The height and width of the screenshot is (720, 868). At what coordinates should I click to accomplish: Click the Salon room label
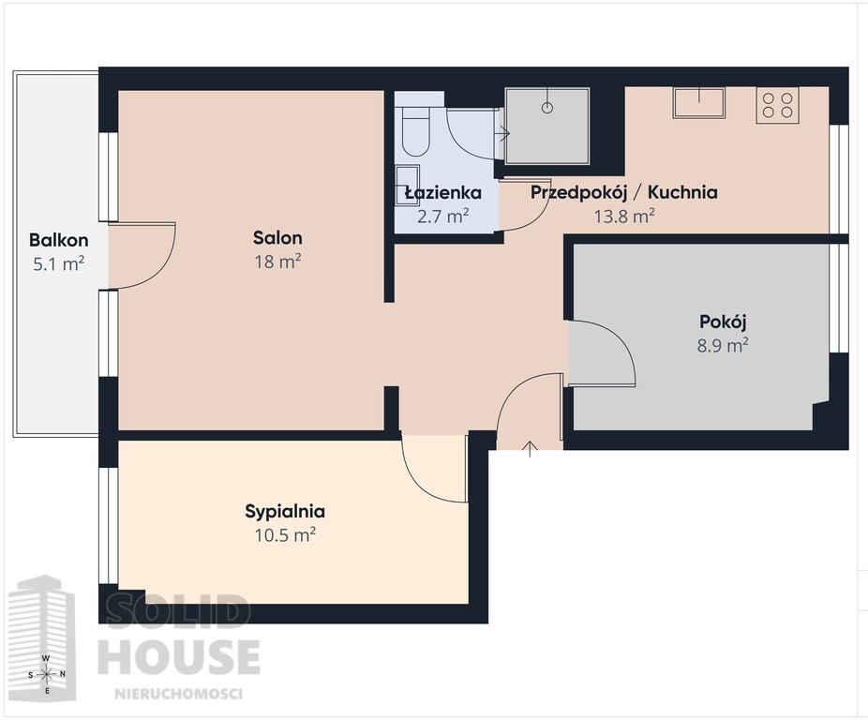(x=277, y=238)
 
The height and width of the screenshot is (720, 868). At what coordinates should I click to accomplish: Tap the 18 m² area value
(x=277, y=262)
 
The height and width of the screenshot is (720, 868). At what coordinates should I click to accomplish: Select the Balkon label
(x=59, y=240)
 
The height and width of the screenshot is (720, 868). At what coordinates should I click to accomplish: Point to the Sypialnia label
(x=285, y=511)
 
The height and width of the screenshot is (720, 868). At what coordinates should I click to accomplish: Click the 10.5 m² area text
(x=285, y=535)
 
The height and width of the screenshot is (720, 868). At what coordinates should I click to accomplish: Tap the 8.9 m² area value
(x=723, y=346)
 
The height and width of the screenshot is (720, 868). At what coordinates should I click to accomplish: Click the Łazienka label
(x=442, y=193)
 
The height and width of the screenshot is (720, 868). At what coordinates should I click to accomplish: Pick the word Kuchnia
(x=682, y=192)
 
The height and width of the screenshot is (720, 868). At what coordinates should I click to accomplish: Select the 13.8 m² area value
(x=624, y=216)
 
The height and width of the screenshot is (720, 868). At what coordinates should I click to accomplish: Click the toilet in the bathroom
(x=415, y=130)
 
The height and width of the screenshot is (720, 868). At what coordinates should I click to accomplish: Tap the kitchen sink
(x=698, y=102)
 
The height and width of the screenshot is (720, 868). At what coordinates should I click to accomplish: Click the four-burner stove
(x=777, y=105)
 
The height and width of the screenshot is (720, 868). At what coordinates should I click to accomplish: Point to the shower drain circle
(x=546, y=108)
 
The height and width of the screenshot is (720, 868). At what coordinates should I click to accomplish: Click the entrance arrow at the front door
(x=530, y=449)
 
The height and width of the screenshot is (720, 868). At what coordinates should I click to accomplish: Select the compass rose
(x=47, y=674)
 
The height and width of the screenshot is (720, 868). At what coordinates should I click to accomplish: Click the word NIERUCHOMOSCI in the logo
(x=178, y=694)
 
